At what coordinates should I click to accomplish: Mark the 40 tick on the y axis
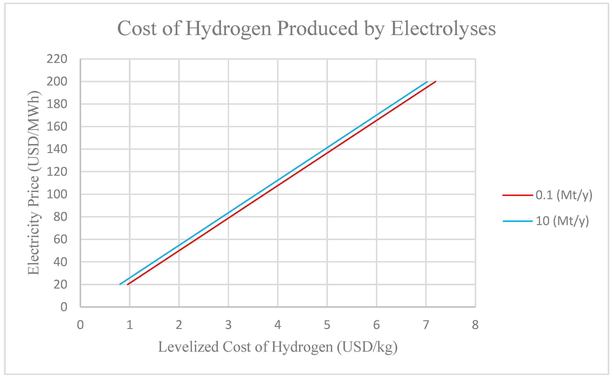(x=60, y=262)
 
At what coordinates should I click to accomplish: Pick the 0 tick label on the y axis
(x=64, y=307)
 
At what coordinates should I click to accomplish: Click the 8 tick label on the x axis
(x=475, y=325)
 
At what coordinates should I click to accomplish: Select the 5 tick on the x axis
(x=327, y=325)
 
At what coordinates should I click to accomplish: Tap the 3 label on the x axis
(x=228, y=325)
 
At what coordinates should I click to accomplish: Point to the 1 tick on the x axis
(x=130, y=325)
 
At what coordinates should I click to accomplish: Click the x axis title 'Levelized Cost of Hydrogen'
(x=278, y=347)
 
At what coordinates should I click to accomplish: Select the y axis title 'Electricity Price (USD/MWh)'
(x=34, y=183)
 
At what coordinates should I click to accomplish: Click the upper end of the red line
(x=435, y=82)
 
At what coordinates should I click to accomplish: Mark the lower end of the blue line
(x=120, y=284)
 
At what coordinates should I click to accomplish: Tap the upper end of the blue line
(x=427, y=82)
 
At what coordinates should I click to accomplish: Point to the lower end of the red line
(x=128, y=284)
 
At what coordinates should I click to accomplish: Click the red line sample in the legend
(x=517, y=195)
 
